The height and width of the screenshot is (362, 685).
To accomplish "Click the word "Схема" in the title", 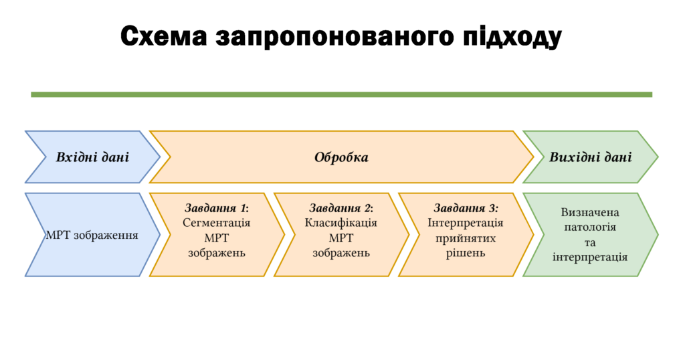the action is tap(163, 36).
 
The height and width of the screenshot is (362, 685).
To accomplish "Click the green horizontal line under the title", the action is tap(342, 94).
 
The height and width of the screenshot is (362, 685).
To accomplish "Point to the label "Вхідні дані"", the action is tap(92, 157).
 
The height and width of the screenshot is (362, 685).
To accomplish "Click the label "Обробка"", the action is tap(341, 157).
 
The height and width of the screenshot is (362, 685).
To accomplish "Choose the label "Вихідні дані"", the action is tap(590, 157).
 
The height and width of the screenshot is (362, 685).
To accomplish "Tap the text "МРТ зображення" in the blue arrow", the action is tap(92, 236).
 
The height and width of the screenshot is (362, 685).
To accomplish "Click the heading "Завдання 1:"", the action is tap(217, 208).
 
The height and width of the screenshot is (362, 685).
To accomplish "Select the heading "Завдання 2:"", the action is tap(341, 208).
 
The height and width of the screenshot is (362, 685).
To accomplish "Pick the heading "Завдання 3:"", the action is tap(466, 208).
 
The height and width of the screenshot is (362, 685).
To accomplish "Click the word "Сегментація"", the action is tap(217, 223).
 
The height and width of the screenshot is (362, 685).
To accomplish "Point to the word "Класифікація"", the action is tap(341, 223).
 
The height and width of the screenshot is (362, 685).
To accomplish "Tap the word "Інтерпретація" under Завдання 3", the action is tap(466, 223).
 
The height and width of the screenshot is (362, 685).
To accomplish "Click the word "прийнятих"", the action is tap(466, 238).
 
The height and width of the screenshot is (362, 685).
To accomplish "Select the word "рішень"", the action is tap(466, 253).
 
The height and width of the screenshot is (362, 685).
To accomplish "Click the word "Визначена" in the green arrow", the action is tap(590, 213).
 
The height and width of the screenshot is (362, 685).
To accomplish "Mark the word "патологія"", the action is tap(590, 228).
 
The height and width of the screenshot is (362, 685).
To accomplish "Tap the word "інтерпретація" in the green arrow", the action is tap(590, 257).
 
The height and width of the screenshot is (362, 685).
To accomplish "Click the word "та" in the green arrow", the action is tap(590, 243).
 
